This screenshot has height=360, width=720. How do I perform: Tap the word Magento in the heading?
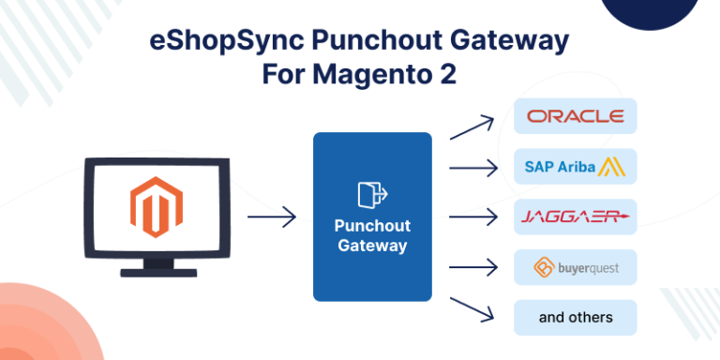pyautogui.click(x=358, y=75)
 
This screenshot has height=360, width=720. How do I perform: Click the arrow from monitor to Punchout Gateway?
pyautogui.click(x=272, y=217)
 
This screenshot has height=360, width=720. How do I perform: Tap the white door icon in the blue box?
pyautogui.click(x=371, y=194)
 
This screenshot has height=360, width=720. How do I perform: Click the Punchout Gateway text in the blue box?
pyautogui.click(x=372, y=236)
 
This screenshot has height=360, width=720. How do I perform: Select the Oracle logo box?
pyautogui.click(x=576, y=116)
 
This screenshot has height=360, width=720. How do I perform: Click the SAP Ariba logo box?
pyautogui.click(x=576, y=167)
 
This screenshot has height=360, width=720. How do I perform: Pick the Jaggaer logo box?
pyautogui.click(x=576, y=217)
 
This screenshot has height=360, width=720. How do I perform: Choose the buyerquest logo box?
pyautogui.click(x=576, y=268)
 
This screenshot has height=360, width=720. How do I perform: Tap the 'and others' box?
pyautogui.click(x=576, y=318)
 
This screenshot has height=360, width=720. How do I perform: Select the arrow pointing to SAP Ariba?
pyautogui.click(x=473, y=168)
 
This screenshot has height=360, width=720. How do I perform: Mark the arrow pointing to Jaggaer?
pyautogui.click(x=473, y=217)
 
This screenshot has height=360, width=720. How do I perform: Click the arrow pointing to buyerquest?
pyautogui.click(x=473, y=268)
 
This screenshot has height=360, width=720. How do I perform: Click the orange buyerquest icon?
pyautogui.click(x=545, y=268)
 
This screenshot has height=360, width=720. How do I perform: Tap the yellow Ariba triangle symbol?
pyautogui.click(x=613, y=168)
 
